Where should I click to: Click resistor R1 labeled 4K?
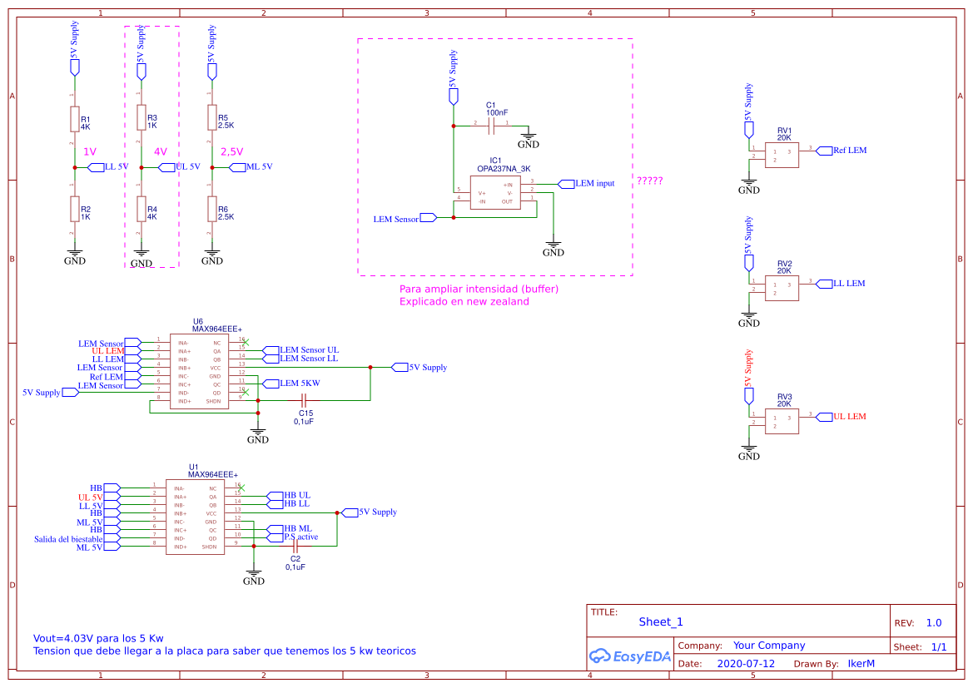[x=74, y=119]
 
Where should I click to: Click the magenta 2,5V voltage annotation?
[x=232, y=152]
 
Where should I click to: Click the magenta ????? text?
[x=650, y=180]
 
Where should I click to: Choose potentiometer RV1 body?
[x=782, y=156]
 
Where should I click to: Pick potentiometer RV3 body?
[x=782, y=422]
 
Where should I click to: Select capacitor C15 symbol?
[x=305, y=401]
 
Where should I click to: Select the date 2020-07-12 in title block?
[x=746, y=664]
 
